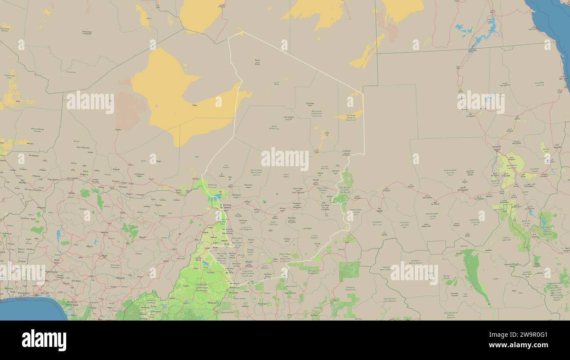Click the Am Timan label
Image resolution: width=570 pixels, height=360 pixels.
coord(307,228)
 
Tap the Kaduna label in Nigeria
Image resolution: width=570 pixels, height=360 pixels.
coord(104,232)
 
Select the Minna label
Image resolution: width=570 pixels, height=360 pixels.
coord(89,246)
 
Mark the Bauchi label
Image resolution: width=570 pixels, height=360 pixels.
coord(142,237)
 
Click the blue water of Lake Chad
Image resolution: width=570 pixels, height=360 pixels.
coord(216,198)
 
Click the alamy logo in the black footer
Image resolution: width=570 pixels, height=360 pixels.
coord(44,340)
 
